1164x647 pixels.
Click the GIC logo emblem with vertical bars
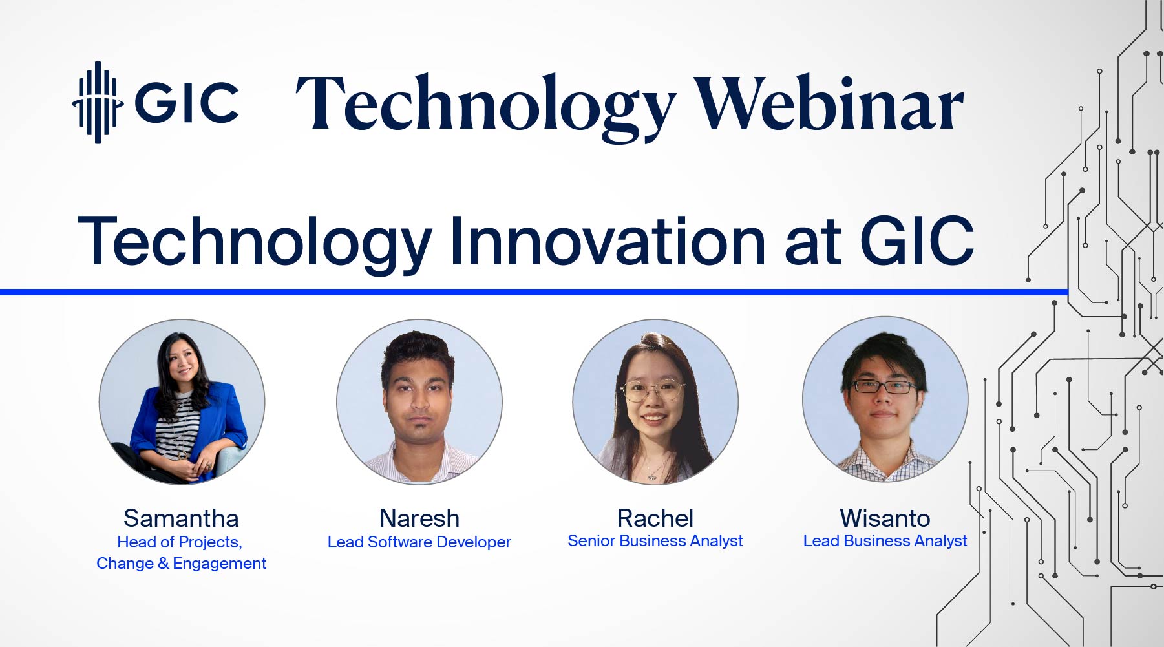(x=97, y=102)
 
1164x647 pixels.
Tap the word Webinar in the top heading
(x=829, y=103)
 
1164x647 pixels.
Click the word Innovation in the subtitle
(x=608, y=241)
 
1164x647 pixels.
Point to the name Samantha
(x=181, y=518)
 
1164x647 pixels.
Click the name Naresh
(x=419, y=518)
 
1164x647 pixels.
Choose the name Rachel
(x=655, y=518)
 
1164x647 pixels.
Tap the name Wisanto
(x=885, y=518)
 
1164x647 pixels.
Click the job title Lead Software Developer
(x=419, y=542)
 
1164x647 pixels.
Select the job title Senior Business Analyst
(x=655, y=541)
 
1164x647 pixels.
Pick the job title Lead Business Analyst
(x=885, y=541)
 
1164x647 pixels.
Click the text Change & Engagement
(x=181, y=564)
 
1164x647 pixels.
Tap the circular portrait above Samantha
(x=182, y=401)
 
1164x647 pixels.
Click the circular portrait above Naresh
(x=419, y=401)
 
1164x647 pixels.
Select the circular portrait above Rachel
(x=655, y=401)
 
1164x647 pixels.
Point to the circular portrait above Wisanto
(x=885, y=399)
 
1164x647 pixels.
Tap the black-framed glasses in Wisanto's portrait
(x=885, y=387)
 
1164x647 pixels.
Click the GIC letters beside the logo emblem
(x=187, y=102)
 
